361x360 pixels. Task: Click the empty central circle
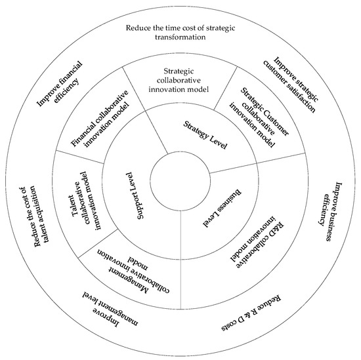[180, 180]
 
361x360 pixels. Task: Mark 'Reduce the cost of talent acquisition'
[30, 210]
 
